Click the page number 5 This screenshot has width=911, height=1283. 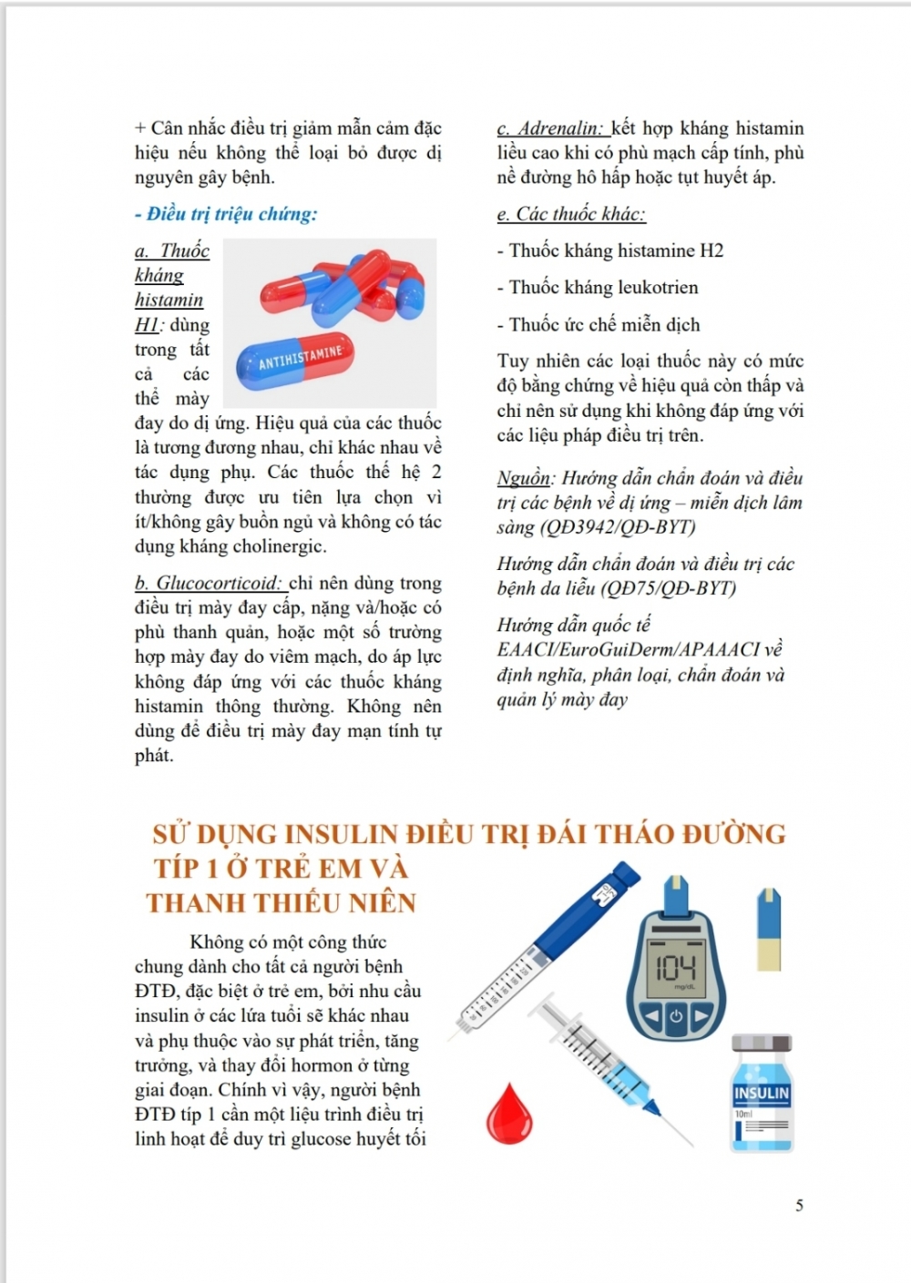click(799, 1206)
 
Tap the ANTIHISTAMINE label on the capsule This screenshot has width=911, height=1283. click(300, 358)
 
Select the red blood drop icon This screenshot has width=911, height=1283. click(509, 1113)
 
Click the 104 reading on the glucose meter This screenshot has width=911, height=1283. click(676, 967)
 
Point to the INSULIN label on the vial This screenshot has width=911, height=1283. click(762, 1093)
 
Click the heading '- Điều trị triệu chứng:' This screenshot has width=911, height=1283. click(226, 215)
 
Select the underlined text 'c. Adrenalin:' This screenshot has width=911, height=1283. click(550, 128)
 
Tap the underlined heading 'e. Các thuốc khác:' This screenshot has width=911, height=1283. click(571, 215)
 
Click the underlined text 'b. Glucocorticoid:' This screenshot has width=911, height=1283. click(210, 584)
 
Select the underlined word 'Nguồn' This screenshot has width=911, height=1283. click(524, 478)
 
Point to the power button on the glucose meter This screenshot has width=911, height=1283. click(675, 1015)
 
